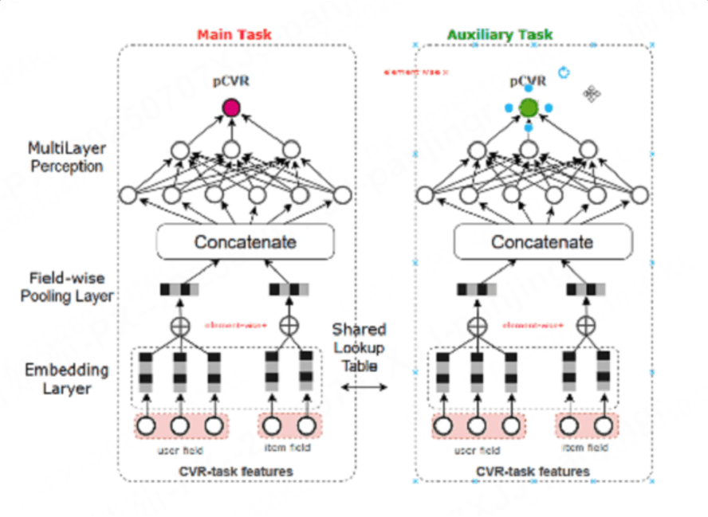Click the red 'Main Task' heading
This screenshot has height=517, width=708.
234,35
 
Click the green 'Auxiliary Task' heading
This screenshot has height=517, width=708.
500,35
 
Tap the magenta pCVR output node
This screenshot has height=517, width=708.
231,107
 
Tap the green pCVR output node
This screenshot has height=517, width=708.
528,107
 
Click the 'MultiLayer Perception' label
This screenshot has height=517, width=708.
65,157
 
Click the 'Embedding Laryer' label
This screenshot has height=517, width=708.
65,378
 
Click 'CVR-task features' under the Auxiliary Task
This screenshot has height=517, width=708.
532,472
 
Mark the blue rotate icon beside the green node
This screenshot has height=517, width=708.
564,73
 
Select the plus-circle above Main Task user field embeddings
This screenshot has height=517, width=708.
179,327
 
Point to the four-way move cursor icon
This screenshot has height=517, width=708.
591,94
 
